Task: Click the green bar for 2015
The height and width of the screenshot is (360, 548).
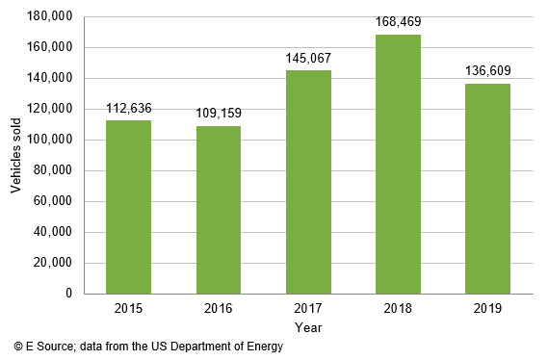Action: tap(128, 207)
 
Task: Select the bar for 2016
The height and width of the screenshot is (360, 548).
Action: tap(219, 210)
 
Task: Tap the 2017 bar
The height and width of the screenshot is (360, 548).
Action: tap(308, 182)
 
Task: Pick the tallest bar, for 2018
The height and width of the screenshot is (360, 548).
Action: tap(398, 164)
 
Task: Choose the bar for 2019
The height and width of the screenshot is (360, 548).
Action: tap(487, 189)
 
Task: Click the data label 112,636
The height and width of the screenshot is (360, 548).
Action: tap(128, 109)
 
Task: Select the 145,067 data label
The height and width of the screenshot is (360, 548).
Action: tap(308, 59)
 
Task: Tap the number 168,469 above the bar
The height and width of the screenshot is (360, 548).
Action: tap(398, 22)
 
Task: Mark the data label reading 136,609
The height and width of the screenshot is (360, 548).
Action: tap(487, 72)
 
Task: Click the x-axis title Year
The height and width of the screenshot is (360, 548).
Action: tap(308, 328)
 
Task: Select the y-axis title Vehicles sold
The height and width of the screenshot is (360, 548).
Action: tap(15, 155)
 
